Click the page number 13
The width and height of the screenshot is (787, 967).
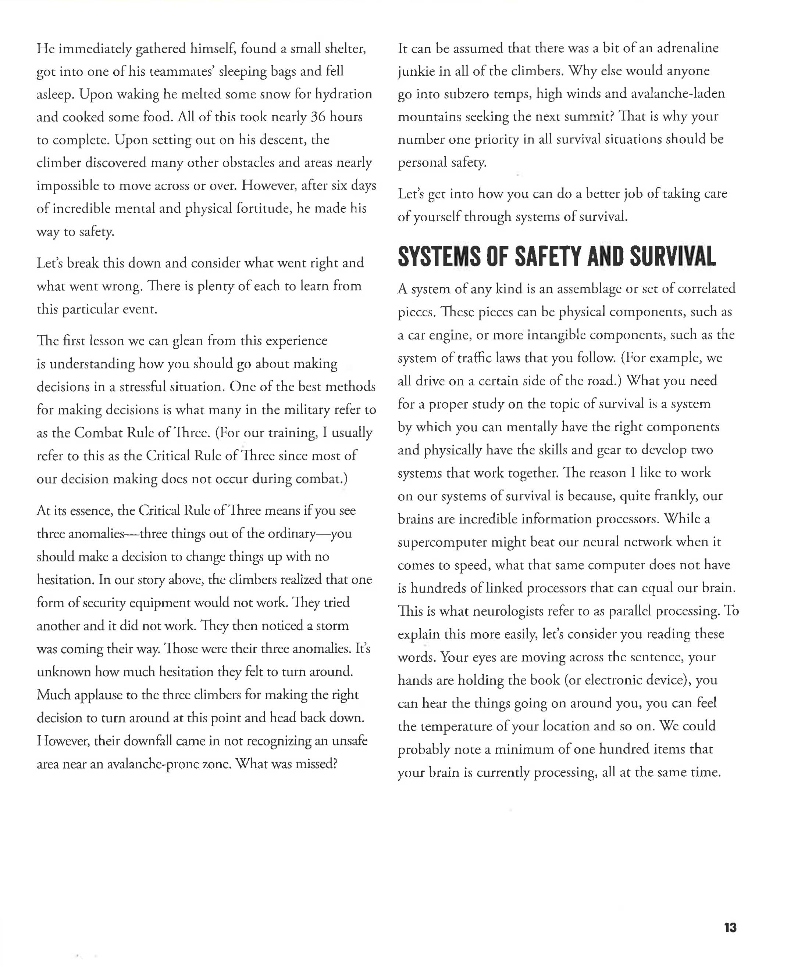[x=730, y=927]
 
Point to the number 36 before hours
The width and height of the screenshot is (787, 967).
[x=318, y=117]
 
